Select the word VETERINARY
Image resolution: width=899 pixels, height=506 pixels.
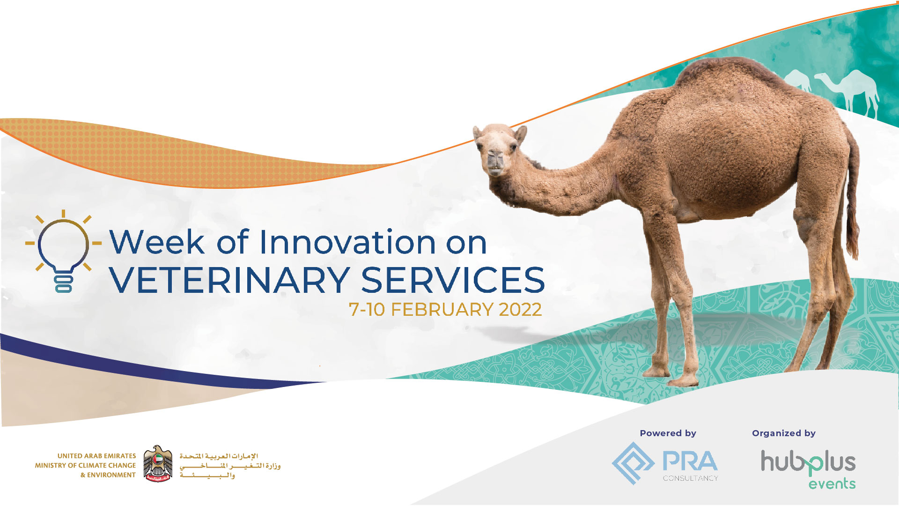point(229,280)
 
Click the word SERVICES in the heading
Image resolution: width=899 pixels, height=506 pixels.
point(453,280)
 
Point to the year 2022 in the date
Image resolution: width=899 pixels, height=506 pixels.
point(520,310)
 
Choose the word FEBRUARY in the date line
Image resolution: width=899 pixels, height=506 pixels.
point(442,310)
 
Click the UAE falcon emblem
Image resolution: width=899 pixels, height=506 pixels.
point(157,464)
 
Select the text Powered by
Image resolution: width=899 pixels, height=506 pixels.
point(668,433)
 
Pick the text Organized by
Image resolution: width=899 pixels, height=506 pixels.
point(784,433)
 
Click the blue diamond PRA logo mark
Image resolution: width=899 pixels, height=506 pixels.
point(633,463)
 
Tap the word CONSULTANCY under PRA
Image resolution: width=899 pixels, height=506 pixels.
point(690,478)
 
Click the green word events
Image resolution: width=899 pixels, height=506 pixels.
point(832,484)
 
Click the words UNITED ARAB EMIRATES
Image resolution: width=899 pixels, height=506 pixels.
point(96,456)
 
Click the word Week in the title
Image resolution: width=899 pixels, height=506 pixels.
point(157,242)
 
